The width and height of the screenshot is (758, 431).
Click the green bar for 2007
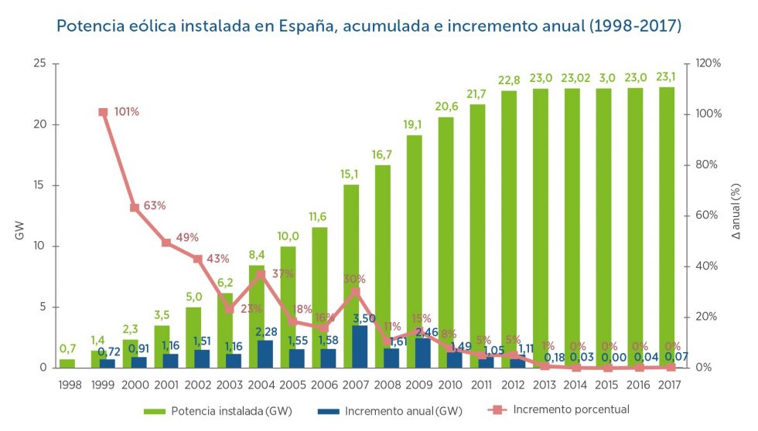click(351, 255)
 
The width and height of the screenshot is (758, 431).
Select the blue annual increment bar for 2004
click(265, 354)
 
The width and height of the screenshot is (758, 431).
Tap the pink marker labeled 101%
click(103, 112)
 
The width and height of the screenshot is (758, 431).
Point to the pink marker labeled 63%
click(134, 208)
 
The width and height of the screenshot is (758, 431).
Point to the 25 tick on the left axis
click(39, 63)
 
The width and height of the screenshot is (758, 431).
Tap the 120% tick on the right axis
click(708, 63)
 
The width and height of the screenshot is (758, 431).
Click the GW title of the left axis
click(21, 229)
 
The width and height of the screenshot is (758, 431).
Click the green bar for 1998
click(67, 363)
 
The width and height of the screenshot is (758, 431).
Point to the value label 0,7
click(68, 349)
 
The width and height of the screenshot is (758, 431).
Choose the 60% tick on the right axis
click(708, 215)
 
